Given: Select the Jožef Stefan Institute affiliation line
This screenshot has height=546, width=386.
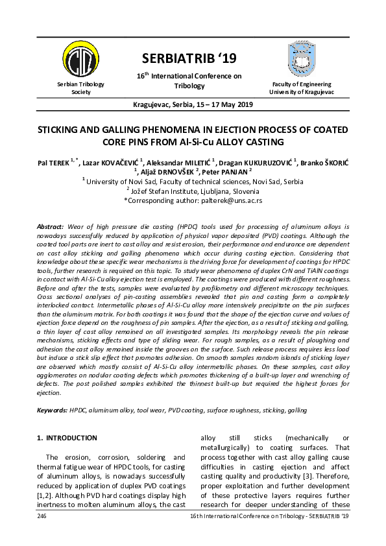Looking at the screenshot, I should point(193,192).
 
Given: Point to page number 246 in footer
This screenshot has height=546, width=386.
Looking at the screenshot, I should point(43,515).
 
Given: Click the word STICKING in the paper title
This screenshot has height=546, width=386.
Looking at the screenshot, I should point(61,129).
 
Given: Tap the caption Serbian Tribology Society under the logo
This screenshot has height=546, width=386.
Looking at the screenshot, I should point(80,88).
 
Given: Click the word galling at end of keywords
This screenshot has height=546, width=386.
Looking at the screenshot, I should point(297,410).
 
